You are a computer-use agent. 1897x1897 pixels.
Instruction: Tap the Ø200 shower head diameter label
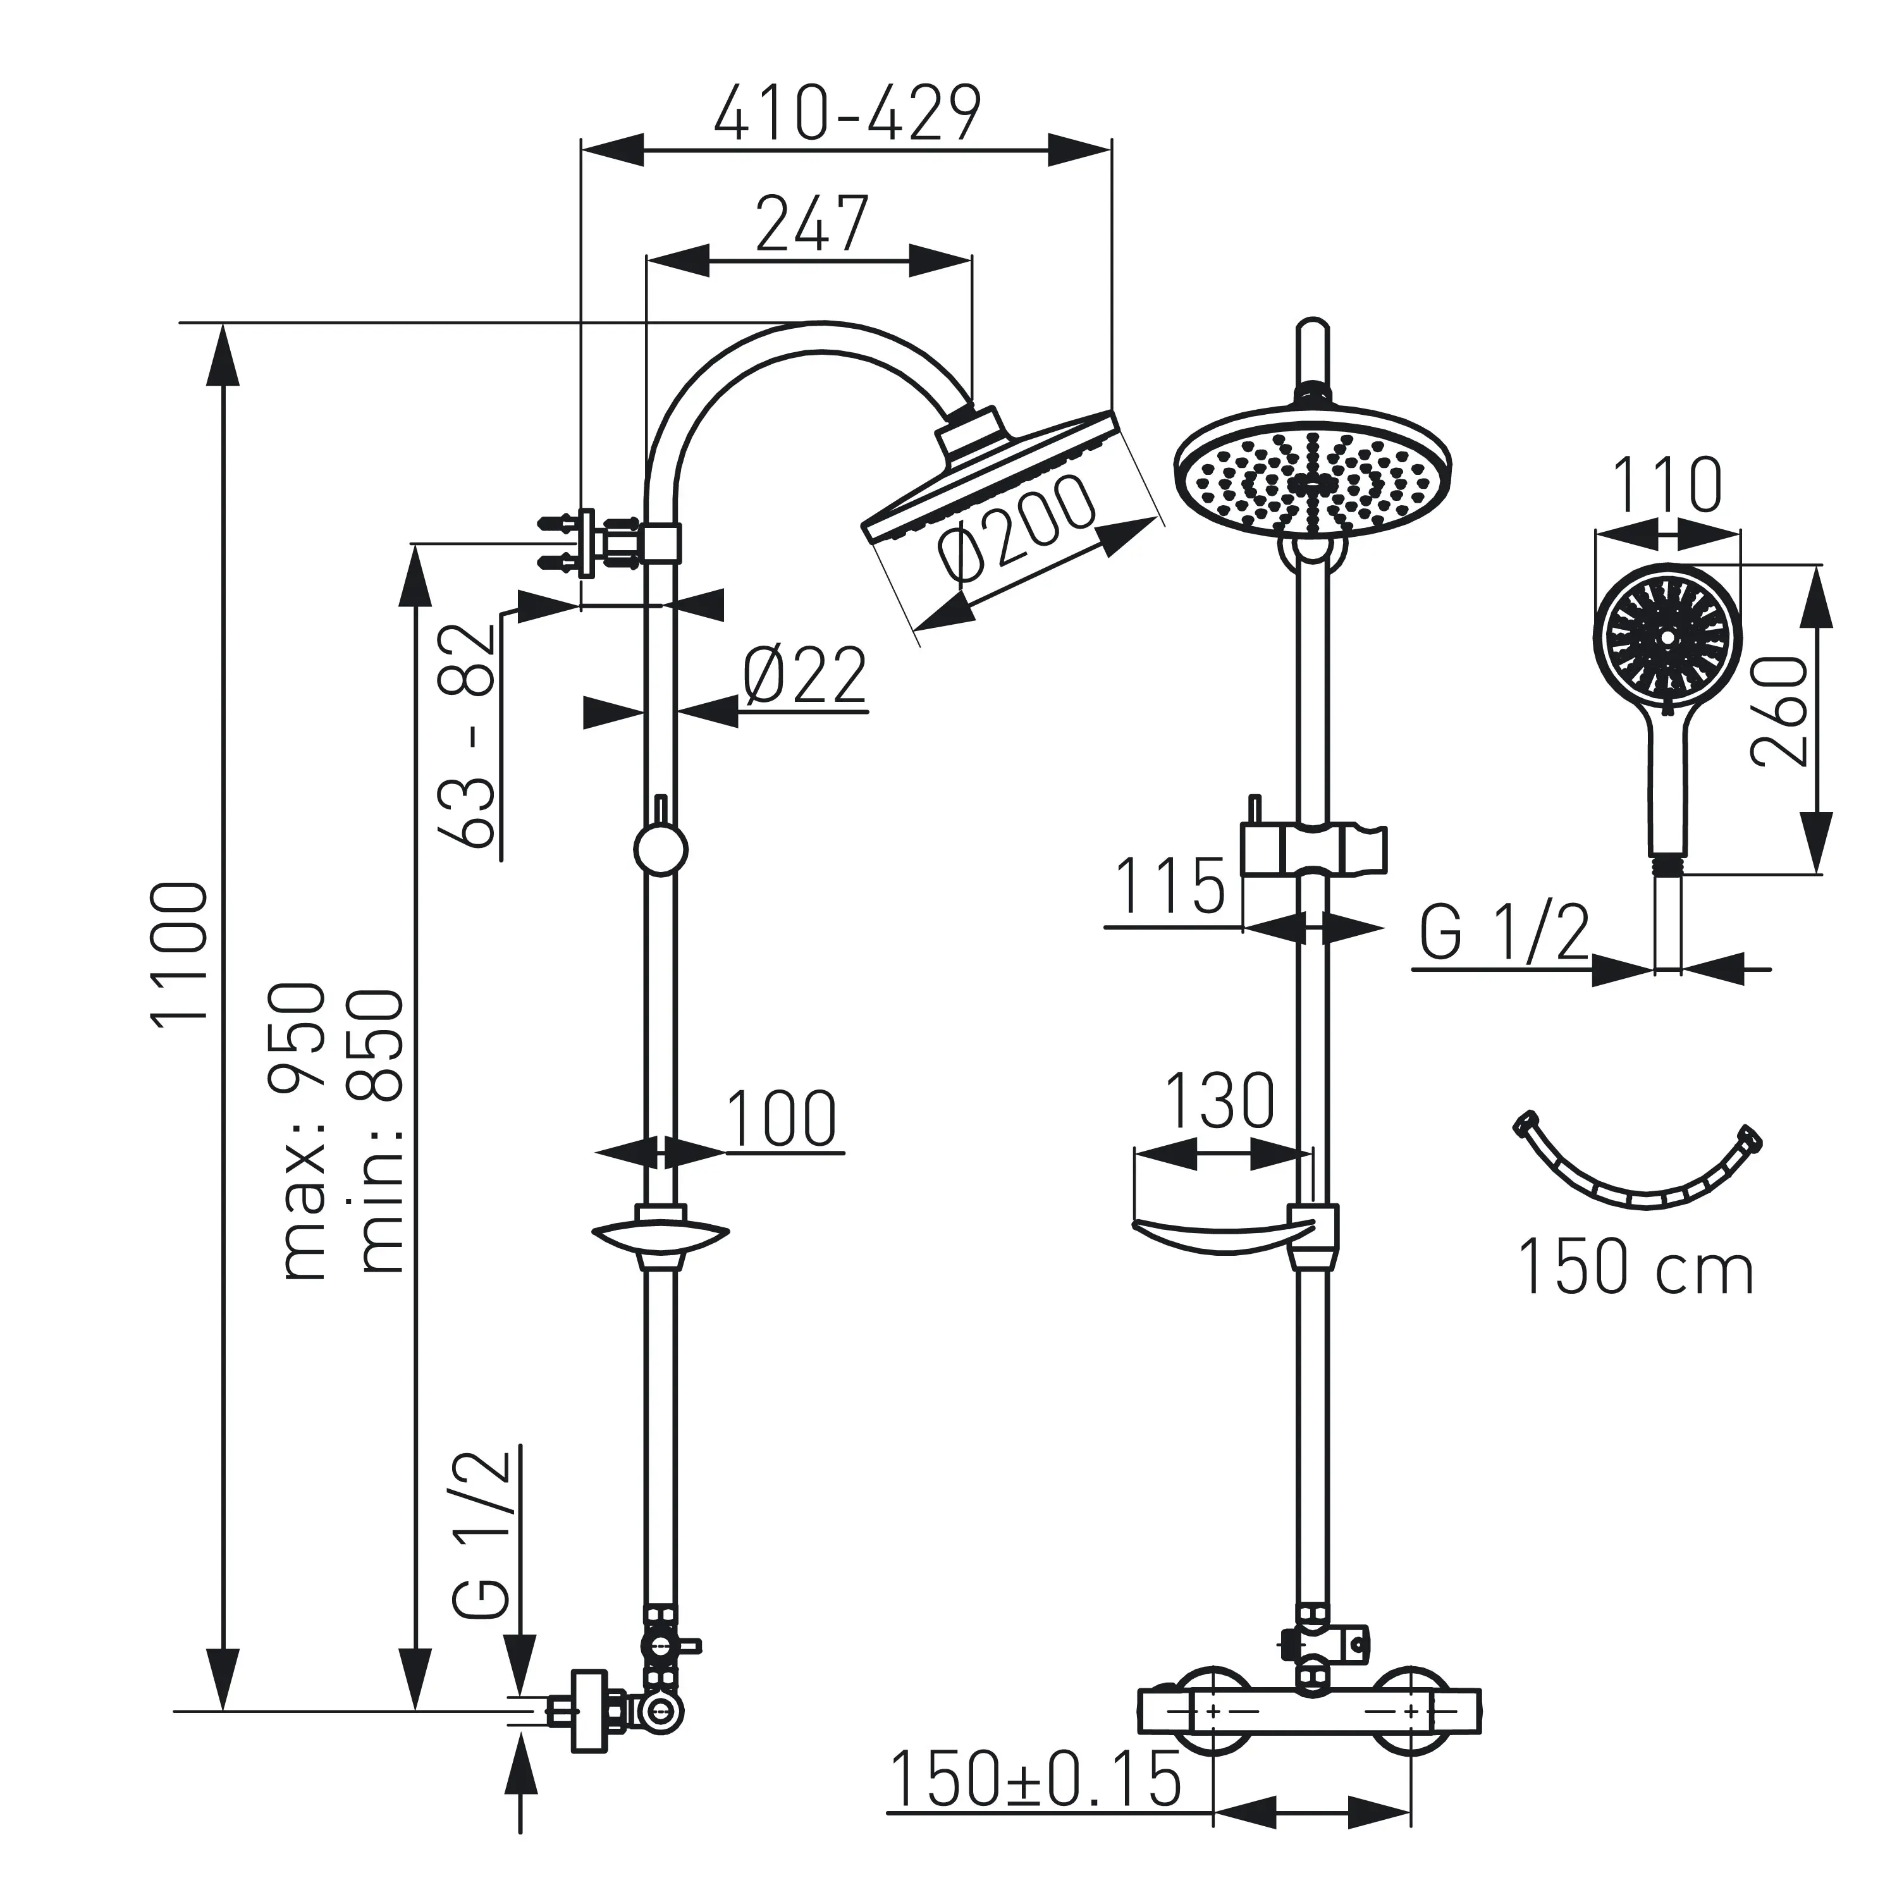tap(1016, 528)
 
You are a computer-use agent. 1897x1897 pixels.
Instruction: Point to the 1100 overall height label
tap(180, 952)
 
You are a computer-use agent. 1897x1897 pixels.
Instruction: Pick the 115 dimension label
tap(1171, 886)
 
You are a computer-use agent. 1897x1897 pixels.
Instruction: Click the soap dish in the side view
tap(660, 1234)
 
